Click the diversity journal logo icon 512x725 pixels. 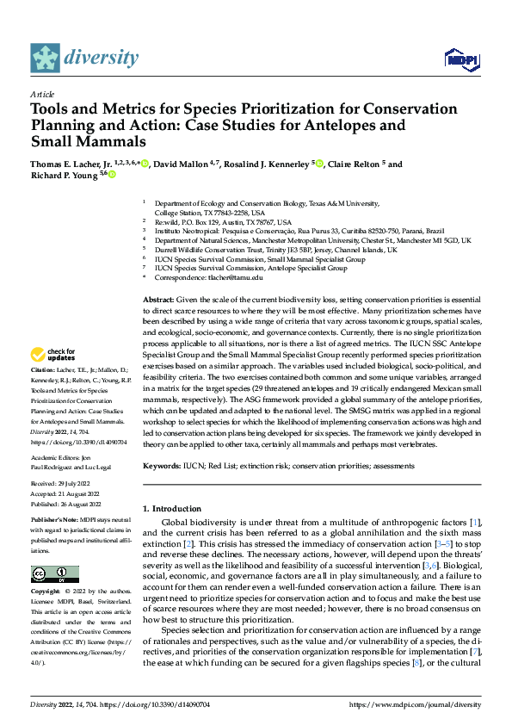46,58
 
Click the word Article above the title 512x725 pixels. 42,94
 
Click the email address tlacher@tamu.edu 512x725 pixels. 226,277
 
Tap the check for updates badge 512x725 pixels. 53,355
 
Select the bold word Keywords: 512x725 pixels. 162,466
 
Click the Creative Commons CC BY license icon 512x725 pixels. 55,574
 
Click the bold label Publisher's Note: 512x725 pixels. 57,522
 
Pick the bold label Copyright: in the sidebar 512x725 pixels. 46,592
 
